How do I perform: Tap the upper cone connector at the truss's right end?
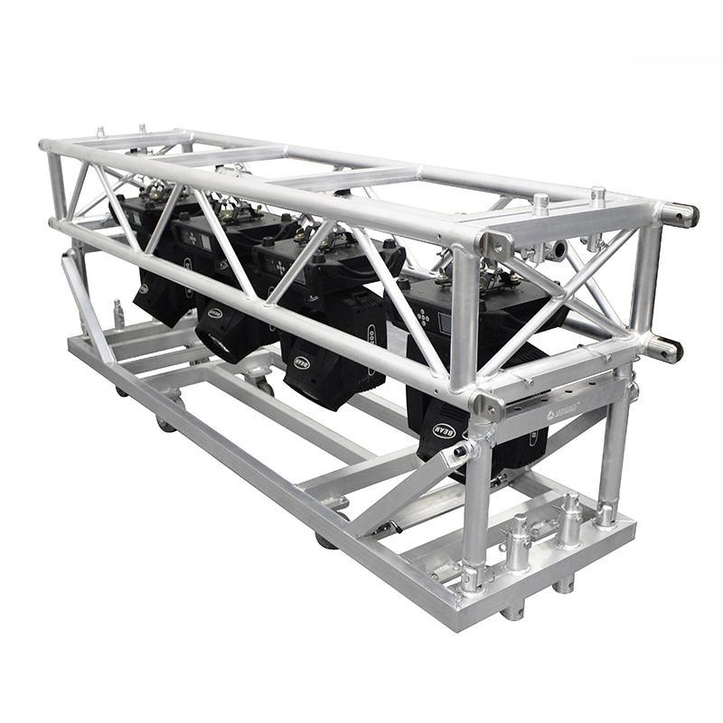coord(680,215)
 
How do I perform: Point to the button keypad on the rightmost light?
coord(424,317)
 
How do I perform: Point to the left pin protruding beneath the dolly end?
coord(512,611)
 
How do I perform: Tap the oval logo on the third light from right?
coord(214,313)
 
